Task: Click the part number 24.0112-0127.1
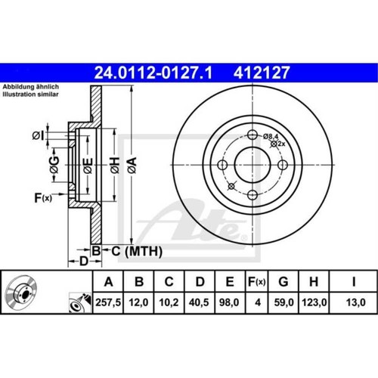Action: point(153,73)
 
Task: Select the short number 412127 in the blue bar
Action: point(262,73)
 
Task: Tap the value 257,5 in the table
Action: point(108,302)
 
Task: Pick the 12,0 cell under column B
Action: point(138,302)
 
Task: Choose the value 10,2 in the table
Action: point(169,302)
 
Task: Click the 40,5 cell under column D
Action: point(199,302)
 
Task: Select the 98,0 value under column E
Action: point(229,302)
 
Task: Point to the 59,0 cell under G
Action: point(284,302)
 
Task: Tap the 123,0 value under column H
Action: point(314,302)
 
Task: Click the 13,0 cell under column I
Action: point(356,302)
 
